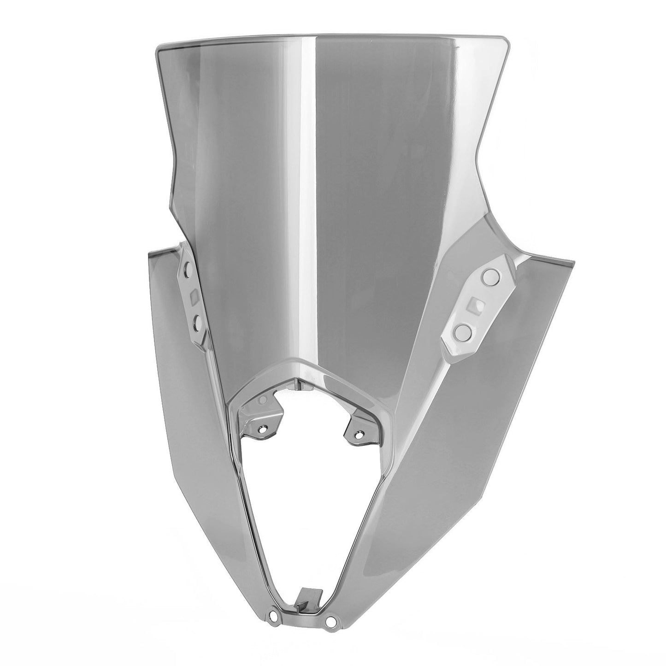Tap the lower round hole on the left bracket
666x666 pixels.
tap(198, 324)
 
